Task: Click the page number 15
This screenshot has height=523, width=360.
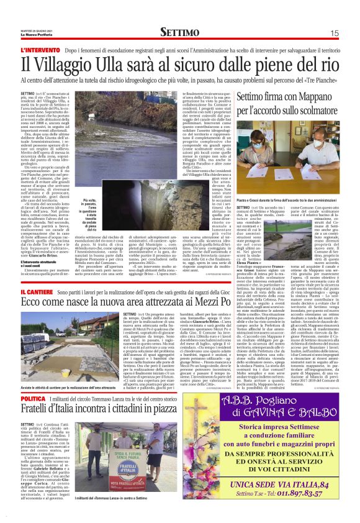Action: pos(334,33)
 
